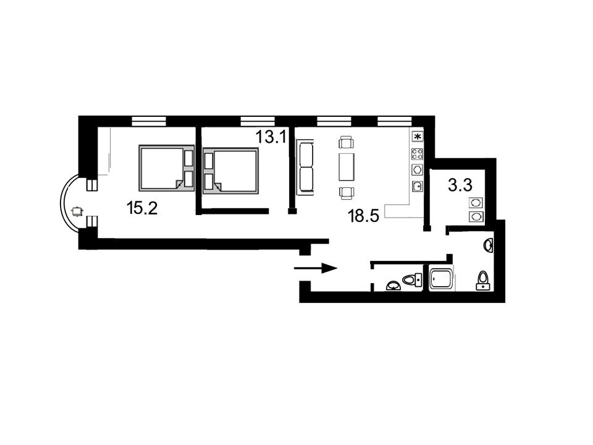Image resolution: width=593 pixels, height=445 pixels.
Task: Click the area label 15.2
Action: point(142,208)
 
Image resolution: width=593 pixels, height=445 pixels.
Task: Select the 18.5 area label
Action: point(363,216)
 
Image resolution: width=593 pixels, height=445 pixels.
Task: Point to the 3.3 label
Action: point(460,185)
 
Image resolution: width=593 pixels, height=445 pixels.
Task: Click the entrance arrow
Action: point(316,268)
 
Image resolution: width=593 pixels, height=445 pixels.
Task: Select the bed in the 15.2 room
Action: point(166,168)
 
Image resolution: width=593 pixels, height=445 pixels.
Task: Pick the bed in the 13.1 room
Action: point(230,171)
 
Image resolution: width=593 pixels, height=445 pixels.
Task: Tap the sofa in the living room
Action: point(305,167)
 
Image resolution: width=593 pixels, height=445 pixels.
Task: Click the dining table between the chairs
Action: point(347,166)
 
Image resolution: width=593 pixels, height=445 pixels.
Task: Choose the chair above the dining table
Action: point(347,142)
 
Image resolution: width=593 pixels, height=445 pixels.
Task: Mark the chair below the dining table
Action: point(347,193)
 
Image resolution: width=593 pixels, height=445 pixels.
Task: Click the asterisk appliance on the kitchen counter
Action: point(418,136)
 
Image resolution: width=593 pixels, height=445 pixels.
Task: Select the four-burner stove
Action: point(418,154)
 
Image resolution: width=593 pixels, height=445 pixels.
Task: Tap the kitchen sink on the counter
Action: point(418,186)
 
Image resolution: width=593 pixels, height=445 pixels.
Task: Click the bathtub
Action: point(441,279)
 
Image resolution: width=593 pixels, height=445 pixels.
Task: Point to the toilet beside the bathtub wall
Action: point(413,280)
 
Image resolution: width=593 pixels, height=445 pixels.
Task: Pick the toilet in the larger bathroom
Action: point(483,281)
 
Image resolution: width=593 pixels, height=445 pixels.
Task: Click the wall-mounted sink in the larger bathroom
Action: point(489,245)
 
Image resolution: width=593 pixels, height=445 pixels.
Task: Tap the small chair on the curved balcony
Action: point(77,211)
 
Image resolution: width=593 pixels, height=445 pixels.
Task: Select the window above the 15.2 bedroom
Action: point(149,121)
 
